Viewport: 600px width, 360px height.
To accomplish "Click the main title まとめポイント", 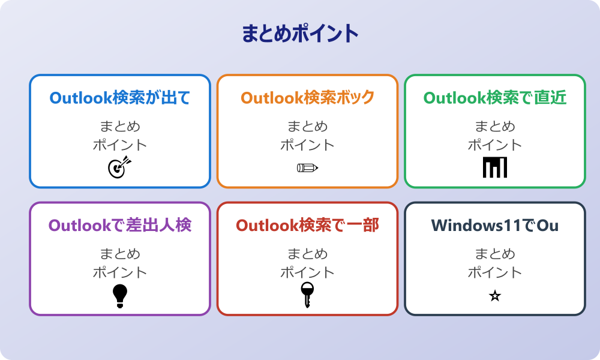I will [300, 34].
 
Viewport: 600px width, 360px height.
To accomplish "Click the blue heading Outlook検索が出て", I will [120, 98].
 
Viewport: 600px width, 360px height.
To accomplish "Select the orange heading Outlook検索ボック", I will [307, 98].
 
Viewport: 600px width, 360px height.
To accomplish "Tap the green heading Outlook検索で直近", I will [495, 98].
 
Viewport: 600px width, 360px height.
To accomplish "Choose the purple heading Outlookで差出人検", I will [120, 226].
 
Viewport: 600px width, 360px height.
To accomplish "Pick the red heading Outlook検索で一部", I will [307, 226].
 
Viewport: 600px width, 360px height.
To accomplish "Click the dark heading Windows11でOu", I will [495, 226].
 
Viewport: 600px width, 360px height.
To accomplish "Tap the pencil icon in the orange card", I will [307, 168].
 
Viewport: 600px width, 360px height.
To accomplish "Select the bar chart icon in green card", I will [495, 167].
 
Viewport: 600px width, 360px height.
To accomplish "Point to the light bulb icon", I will [120, 296].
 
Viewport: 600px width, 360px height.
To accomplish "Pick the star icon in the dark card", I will [495, 296].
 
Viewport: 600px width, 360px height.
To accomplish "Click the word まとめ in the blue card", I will [120, 127].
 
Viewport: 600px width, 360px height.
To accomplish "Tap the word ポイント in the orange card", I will [307, 145].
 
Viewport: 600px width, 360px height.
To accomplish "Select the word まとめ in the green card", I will [495, 127].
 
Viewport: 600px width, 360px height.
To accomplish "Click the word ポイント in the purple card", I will [120, 272].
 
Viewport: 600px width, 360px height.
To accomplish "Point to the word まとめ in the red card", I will [307, 254].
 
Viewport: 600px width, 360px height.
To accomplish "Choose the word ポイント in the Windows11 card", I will [495, 272].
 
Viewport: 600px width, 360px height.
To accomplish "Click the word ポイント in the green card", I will [495, 145].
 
